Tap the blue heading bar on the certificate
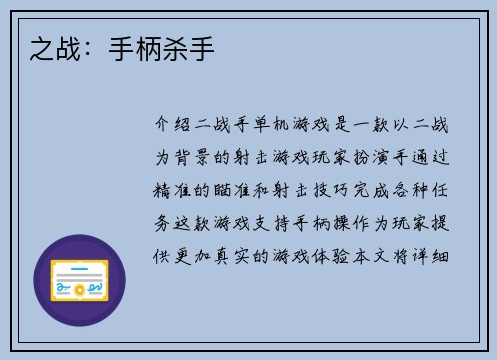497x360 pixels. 80,268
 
